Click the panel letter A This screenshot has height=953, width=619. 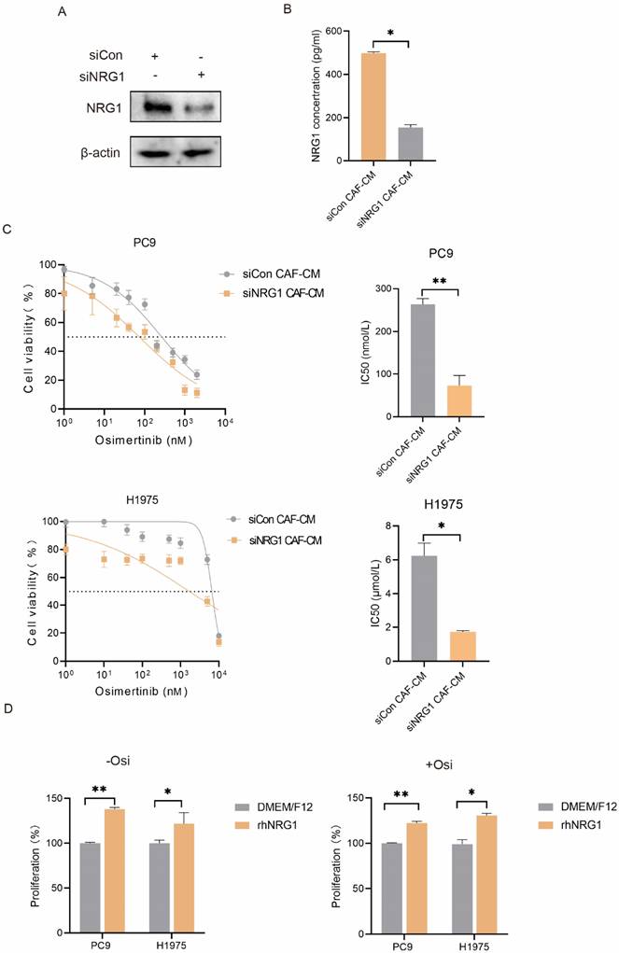61,12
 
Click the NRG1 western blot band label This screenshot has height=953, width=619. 90,108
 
